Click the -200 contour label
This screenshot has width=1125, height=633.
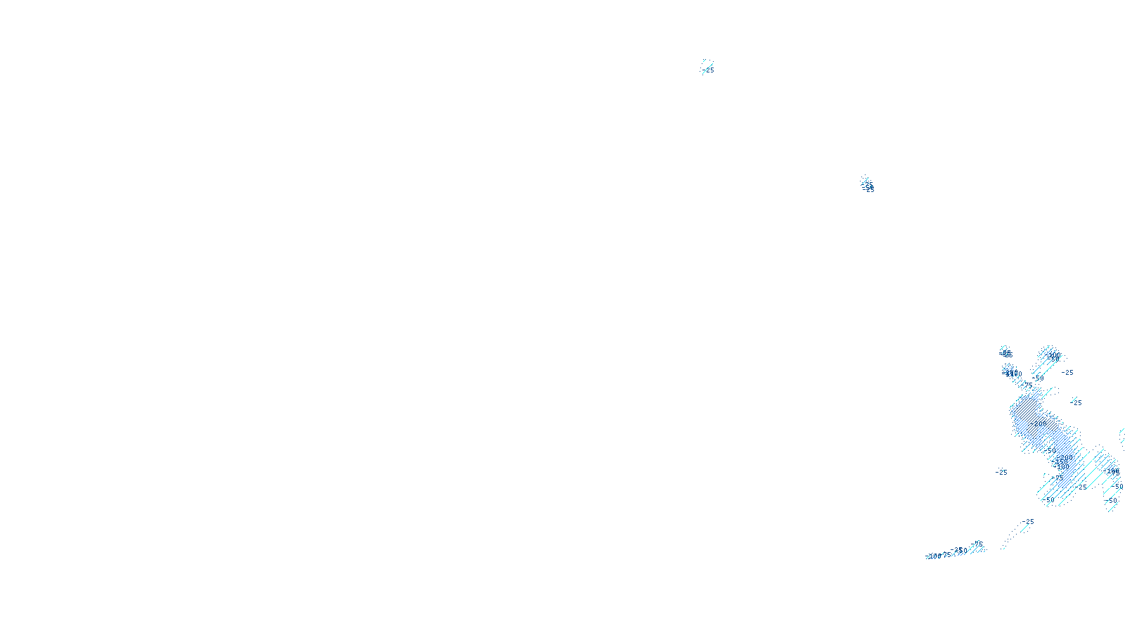click(1039, 424)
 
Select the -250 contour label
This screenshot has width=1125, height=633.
click(957, 550)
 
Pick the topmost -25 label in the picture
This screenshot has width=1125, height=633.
click(708, 70)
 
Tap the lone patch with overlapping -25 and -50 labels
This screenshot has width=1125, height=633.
click(868, 186)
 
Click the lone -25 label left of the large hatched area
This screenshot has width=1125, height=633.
click(1002, 472)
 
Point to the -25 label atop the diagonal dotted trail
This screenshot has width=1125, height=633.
click(1029, 522)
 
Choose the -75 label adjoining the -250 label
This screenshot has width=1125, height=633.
click(978, 544)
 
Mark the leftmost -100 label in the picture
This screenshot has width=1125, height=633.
click(934, 556)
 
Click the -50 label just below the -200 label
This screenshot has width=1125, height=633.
click(1049, 450)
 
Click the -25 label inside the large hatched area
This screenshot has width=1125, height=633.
click(1082, 487)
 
